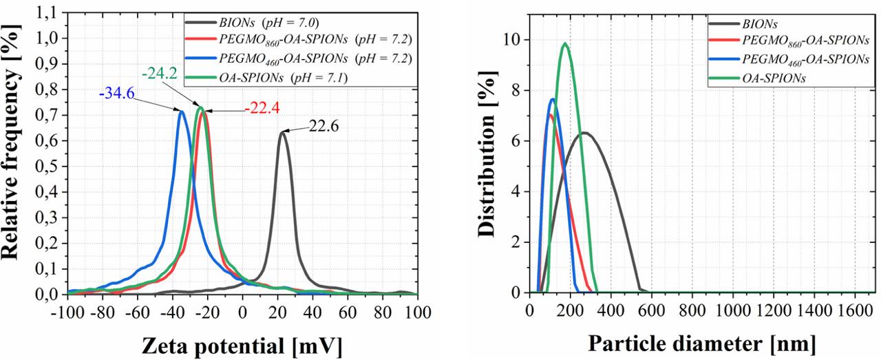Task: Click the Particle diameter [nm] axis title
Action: (x=701, y=342)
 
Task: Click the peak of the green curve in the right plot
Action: (x=565, y=43)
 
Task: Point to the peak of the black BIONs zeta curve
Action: (x=282, y=132)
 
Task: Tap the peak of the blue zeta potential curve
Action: (x=181, y=112)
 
